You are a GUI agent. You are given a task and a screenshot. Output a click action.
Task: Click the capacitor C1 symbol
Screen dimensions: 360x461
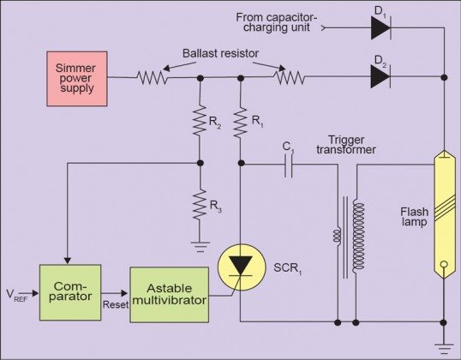pyautogui.click(x=289, y=169)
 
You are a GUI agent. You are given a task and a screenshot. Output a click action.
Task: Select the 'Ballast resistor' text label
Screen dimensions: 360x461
pyautogui.click(x=218, y=53)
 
